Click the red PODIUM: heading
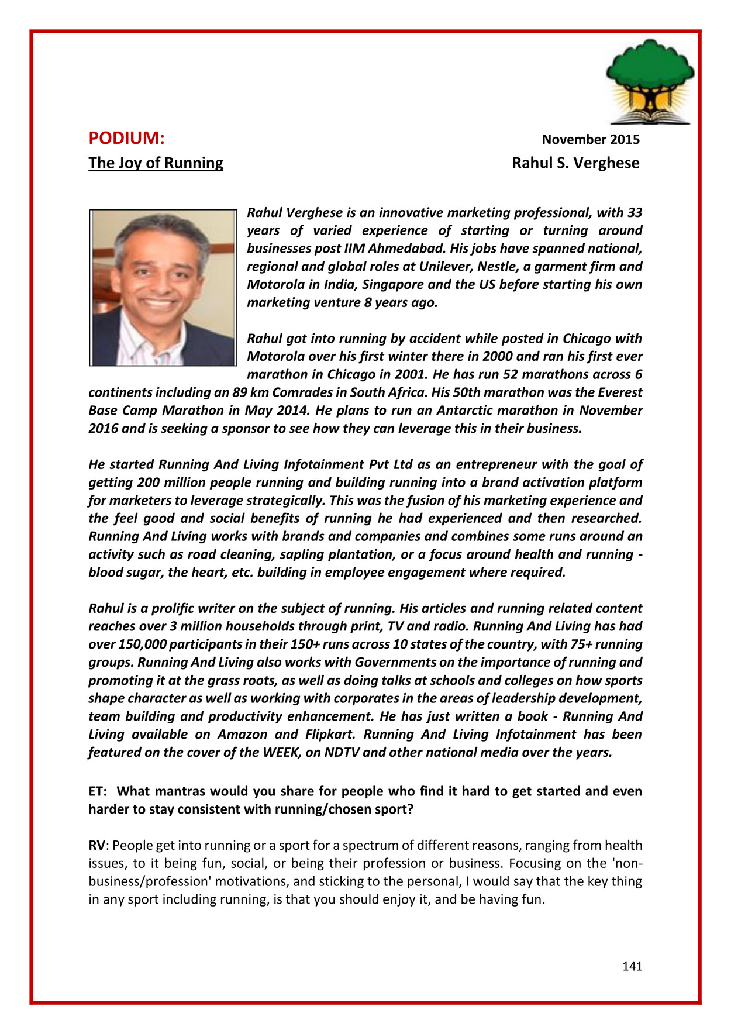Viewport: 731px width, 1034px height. (126, 139)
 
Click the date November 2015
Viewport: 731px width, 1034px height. (590, 140)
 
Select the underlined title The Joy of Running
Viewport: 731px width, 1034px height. (156, 163)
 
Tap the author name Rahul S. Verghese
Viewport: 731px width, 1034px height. (575, 163)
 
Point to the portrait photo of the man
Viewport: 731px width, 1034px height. (163, 288)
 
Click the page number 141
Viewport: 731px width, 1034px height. (632, 966)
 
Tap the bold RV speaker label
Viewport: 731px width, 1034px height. (96, 846)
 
